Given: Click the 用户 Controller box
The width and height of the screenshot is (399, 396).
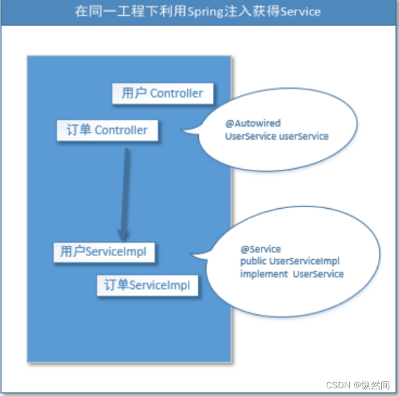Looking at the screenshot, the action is [x=162, y=93].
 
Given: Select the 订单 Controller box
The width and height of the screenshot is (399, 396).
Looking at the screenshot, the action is [x=107, y=130].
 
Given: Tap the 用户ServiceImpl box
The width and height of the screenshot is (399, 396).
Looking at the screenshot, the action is [x=104, y=252].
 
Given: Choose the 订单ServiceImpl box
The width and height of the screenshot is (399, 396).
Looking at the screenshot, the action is [x=147, y=286].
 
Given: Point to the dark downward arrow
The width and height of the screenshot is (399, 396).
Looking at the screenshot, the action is [x=125, y=192].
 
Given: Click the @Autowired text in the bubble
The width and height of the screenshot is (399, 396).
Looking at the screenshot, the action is [x=253, y=123].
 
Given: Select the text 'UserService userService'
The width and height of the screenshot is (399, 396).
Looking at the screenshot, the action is [x=276, y=136].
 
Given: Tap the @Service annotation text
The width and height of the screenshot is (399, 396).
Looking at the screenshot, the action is [x=260, y=248].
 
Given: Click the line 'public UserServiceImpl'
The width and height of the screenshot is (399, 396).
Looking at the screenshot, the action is [x=290, y=261].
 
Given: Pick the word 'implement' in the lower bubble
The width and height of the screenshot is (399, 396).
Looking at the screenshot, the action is [x=263, y=274].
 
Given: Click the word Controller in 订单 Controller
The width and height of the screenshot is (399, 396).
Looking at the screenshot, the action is [x=121, y=130].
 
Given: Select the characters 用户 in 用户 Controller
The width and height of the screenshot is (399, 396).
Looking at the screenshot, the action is [x=134, y=93].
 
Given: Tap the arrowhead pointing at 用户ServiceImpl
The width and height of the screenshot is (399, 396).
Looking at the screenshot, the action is [x=123, y=233].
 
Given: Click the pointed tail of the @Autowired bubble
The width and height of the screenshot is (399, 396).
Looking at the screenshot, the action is [x=185, y=132].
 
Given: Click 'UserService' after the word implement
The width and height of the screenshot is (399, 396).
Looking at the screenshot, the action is [x=318, y=274].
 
